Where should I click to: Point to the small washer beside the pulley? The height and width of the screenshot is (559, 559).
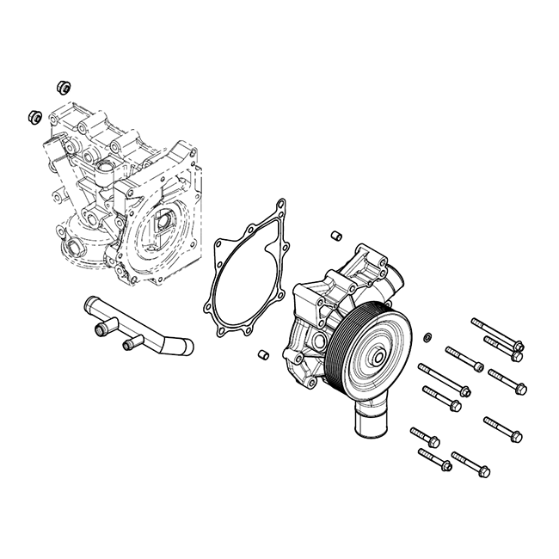[x=427, y=335]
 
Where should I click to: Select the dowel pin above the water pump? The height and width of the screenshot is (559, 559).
[x=337, y=234]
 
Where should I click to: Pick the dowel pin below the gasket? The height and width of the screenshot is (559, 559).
[x=265, y=353]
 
